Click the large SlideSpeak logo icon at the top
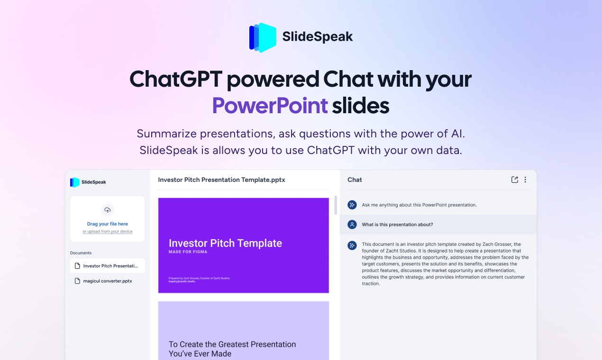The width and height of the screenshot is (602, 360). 263,37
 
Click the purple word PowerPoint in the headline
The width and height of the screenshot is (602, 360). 270,106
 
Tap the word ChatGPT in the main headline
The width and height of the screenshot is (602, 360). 175,79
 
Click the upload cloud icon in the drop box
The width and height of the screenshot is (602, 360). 108,210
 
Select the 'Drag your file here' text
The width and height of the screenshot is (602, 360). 108,224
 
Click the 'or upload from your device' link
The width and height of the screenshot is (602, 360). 108,232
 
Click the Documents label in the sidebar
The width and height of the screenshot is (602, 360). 81,253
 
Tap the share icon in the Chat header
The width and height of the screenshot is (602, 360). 515,180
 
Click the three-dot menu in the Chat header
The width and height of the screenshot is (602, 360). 525,180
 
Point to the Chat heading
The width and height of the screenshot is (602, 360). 355,180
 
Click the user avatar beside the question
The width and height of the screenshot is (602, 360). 352,225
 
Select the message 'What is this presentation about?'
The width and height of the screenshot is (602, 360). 397,225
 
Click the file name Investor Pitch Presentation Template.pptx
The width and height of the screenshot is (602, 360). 221,180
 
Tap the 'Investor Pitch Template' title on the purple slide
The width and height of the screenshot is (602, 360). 225,243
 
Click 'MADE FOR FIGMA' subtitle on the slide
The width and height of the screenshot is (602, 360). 188,252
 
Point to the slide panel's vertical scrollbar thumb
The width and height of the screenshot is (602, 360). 336,205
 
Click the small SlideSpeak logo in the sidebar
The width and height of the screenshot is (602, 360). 75,182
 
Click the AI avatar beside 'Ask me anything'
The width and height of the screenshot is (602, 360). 352,205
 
